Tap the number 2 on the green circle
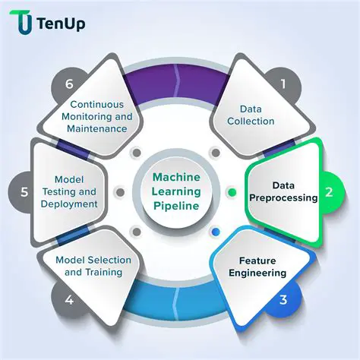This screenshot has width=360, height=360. click(329, 192)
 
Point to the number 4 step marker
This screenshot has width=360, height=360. click(69, 299)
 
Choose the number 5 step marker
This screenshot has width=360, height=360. click(24, 192)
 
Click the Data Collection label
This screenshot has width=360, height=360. click(251, 115)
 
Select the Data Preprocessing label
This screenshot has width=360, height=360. click(284, 191)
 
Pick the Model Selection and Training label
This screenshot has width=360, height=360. click(93, 266)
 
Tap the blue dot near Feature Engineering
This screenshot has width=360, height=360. click(216, 232)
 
